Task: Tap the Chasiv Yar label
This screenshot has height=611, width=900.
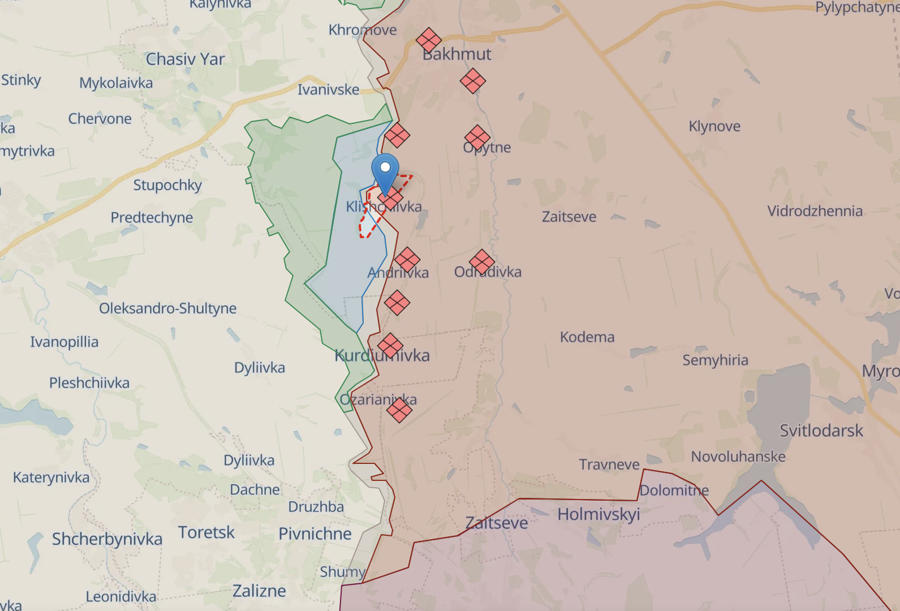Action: (185, 59)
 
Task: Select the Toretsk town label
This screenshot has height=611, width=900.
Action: (206, 532)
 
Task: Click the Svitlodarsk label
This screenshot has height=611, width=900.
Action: (821, 431)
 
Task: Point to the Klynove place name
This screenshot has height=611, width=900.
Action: (714, 126)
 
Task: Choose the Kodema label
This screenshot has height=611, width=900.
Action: (587, 337)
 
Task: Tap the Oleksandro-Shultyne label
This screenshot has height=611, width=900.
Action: (168, 308)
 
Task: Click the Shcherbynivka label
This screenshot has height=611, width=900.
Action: (107, 539)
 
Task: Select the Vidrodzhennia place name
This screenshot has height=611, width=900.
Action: (815, 211)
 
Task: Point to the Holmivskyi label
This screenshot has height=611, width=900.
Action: (598, 514)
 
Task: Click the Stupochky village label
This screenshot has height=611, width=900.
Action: (167, 185)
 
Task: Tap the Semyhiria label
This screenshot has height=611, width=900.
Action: (715, 360)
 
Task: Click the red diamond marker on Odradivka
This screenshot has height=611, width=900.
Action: (482, 263)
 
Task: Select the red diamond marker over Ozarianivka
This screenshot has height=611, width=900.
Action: (399, 410)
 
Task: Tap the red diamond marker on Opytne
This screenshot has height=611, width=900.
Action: (477, 137)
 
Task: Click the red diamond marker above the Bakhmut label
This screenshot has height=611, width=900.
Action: (429, 41)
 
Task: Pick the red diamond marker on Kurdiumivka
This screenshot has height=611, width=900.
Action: (390, 346)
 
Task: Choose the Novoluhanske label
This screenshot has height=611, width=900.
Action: (738, 457)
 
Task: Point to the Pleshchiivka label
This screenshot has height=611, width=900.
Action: (89, 383)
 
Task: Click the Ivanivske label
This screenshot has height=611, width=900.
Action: (328, 89)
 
